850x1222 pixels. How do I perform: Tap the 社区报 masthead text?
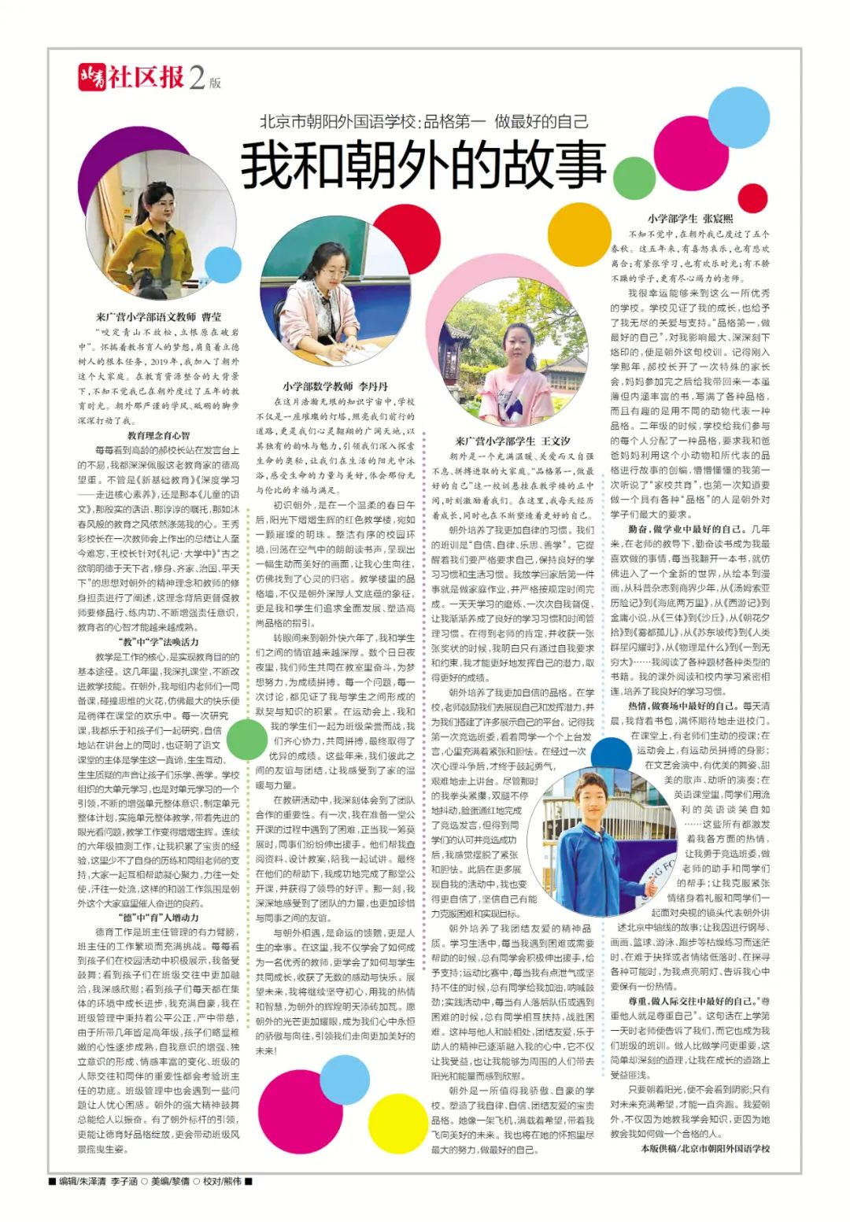[146, 77]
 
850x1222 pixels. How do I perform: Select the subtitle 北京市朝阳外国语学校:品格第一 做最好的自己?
[424, 121]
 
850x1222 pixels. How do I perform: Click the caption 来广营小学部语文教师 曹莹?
[158, 317]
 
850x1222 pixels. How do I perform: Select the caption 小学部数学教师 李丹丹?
[335, 386]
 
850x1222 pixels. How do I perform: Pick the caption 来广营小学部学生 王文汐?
[512, 441]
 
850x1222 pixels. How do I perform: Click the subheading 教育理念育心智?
[158, 435]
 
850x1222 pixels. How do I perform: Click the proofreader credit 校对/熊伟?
[222, 1180]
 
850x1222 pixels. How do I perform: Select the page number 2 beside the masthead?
[198, 77]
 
